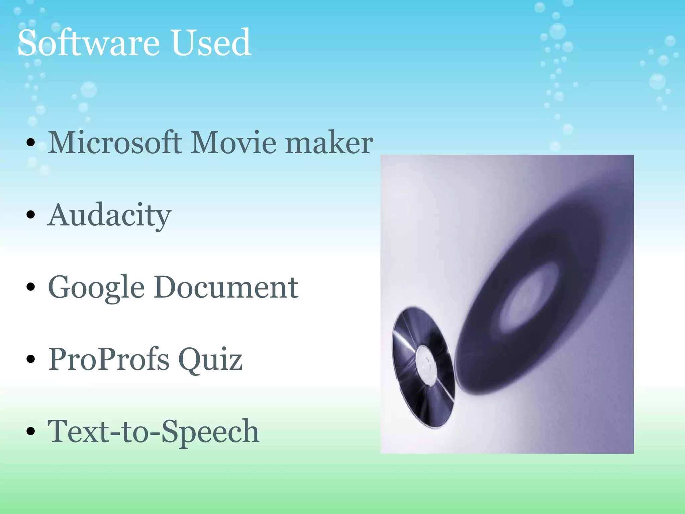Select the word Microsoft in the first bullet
[115, 143]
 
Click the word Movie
[233, 143]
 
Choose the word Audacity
[109, 216]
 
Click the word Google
[96, 288]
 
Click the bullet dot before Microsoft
[30, 143]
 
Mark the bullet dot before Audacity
[30, 215]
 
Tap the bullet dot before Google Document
[30, 287]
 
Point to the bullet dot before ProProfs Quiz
[30, 359]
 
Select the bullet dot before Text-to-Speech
[30, 431]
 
